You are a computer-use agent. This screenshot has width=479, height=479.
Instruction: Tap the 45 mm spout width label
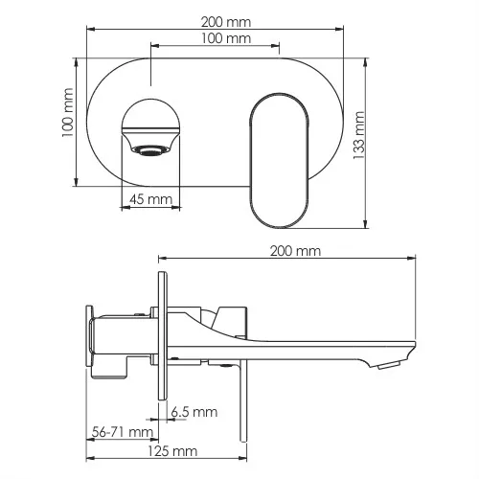[x=150, y=199]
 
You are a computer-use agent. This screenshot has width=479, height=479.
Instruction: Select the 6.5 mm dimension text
[x=194, y=412]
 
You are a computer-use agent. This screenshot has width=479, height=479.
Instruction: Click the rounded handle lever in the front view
[x=280, y=158]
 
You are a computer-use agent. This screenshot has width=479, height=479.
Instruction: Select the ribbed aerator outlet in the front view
[x=149, y=150]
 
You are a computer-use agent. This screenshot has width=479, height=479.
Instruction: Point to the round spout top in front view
[x=150, y=115]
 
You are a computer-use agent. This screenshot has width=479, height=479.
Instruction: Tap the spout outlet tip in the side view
[x=390, y=363]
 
